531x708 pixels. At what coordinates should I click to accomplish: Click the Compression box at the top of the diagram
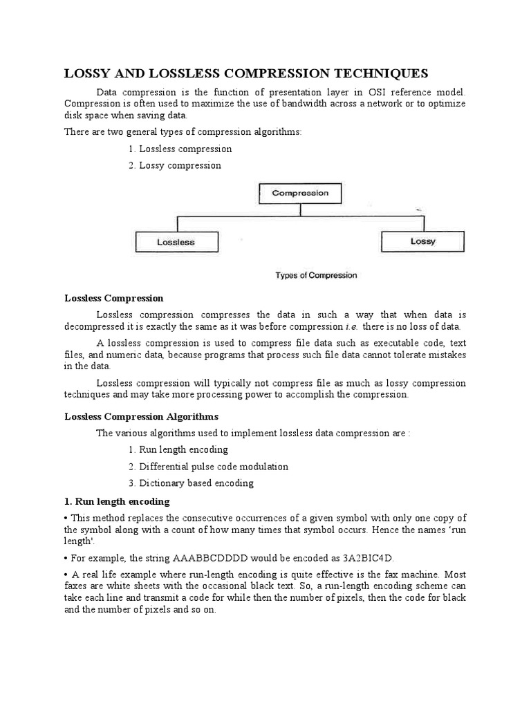pyautogui.click(x=300, y=194)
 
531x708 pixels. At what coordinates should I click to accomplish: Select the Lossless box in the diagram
pyautogui.click(x=176, y=242)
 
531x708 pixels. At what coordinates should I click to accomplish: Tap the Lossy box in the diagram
pyautogui.click(x=422, y=241)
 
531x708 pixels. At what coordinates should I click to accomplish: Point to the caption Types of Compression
pyautogui.click(x=316, y=275)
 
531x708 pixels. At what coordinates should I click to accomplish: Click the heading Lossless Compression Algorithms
pyautogui.click(x=141, y=416)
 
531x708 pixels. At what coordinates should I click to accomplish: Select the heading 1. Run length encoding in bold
pyautogui.click(x=117, y=501)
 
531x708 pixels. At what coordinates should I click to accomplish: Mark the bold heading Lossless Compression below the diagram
pyautogui.click(x=114, y=298)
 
